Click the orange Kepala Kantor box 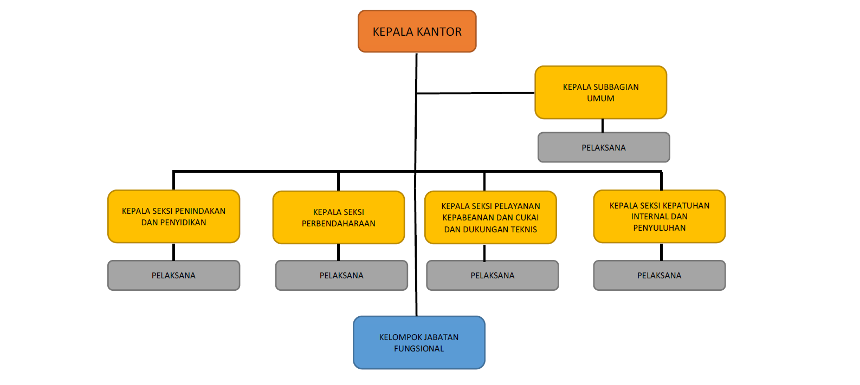417,31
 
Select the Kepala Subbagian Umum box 600,93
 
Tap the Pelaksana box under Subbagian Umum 604,147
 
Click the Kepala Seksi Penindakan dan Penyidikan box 173,217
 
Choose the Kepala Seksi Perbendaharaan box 339,217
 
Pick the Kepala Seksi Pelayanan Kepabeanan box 490,217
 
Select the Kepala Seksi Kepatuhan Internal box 659,217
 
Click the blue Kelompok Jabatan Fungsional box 419,343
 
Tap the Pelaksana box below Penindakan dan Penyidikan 173,276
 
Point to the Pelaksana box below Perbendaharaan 341,276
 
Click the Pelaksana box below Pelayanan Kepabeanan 492,276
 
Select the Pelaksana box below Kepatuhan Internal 659,276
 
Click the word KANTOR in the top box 439,32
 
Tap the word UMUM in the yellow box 600,99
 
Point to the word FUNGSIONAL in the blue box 419,349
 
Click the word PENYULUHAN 659,228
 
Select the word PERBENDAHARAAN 339,224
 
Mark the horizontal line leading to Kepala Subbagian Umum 476,93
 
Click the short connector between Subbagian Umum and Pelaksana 602,126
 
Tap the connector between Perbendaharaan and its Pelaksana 338,252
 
